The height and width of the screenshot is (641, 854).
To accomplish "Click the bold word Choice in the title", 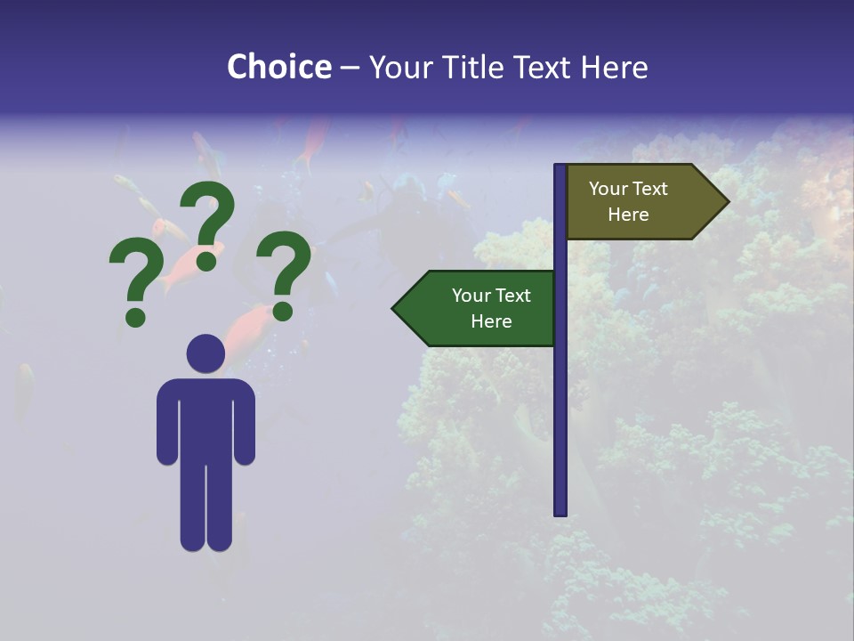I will tap(278, 68).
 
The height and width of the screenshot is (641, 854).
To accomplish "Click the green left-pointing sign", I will tap(480, 308).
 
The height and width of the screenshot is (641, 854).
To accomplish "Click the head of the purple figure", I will tap(205, 353).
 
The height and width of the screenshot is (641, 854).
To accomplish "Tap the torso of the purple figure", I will tap(205, 418).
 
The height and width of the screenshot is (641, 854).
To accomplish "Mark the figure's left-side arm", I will tap(166, 423).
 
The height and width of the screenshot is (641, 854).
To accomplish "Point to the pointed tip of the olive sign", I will tap(727, 202).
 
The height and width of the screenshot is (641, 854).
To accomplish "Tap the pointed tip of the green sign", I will tap(395, 309).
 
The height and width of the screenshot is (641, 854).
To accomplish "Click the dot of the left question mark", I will tap(136, 316).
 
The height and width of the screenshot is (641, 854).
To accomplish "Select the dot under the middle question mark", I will tap(207, 260).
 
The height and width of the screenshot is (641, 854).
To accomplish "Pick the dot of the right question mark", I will tap(283, 310).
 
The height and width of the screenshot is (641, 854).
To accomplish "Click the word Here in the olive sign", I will tap(628, 215).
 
